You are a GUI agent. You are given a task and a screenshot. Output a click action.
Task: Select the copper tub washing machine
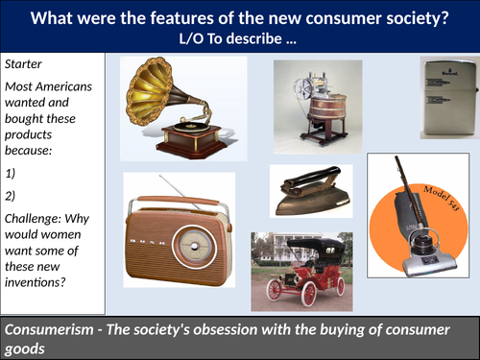tap(313, 110)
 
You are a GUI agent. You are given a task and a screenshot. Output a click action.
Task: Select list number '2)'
tap(12, 189)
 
